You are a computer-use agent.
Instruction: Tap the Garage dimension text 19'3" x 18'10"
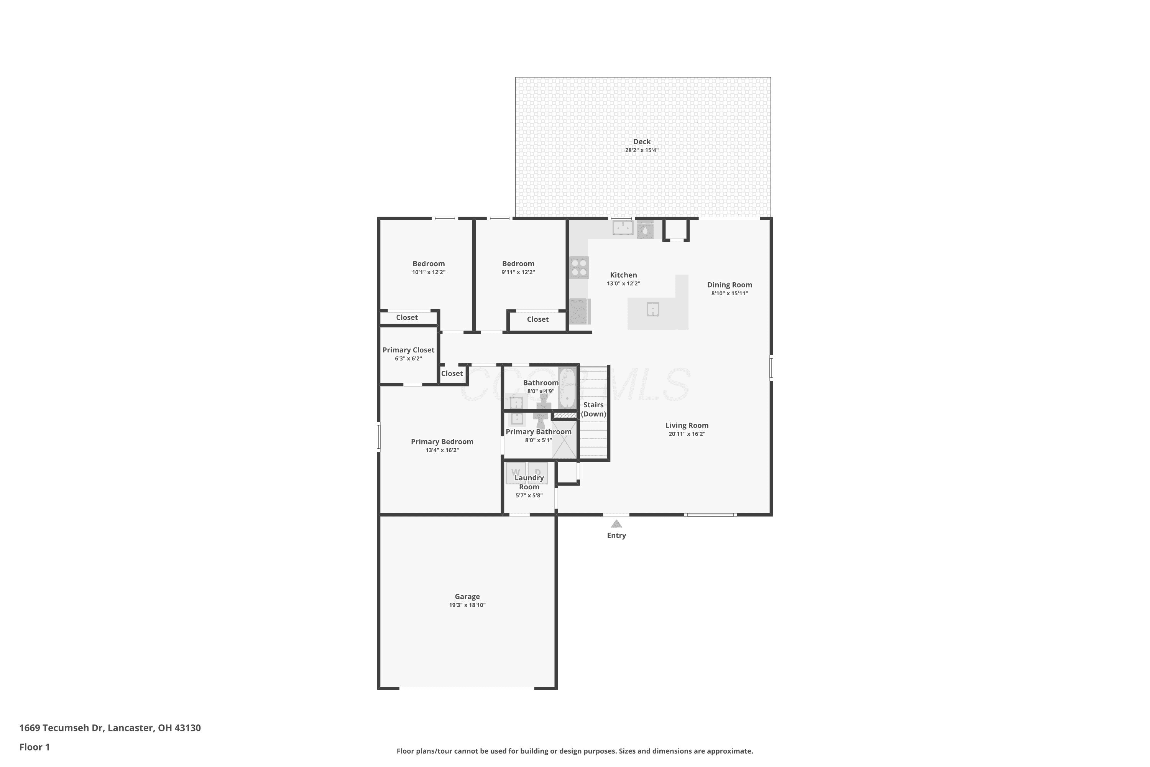pyautogui.click(x=467, y=605)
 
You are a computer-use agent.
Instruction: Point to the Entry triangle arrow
pyautogui.click(x=616, y=523)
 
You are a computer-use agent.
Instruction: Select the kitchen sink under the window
pyautogui.click(x=623, y=227)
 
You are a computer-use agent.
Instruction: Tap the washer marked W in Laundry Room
pyautogui.click(x=515, y=473)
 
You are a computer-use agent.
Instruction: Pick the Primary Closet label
pyautogui.click(x=408, y=350)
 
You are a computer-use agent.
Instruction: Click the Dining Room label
pyautogui.click(x=729, y=285)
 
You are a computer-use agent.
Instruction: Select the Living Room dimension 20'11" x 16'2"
pyautogui.click(x=687, y=434)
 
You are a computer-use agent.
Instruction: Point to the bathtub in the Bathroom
pyautogui.click(x=567, y=388)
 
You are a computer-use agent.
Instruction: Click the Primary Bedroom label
pyautogui.click(x=442, y=442)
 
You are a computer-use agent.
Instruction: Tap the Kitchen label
pyautogui.click(x=623, y=275)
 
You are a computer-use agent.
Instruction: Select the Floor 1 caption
pyautogui.click(x=35, y=747)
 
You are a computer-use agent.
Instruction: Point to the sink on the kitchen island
pyautogui.click(x=653, y=309)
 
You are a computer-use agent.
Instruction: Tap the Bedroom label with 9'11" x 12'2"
pyautogui.click(x=518, y=264)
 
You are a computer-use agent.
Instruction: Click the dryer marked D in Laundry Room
pyautogui.click(x=537, y=473)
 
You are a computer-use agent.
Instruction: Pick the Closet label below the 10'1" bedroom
pyautogui.click(x=407, y=318)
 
